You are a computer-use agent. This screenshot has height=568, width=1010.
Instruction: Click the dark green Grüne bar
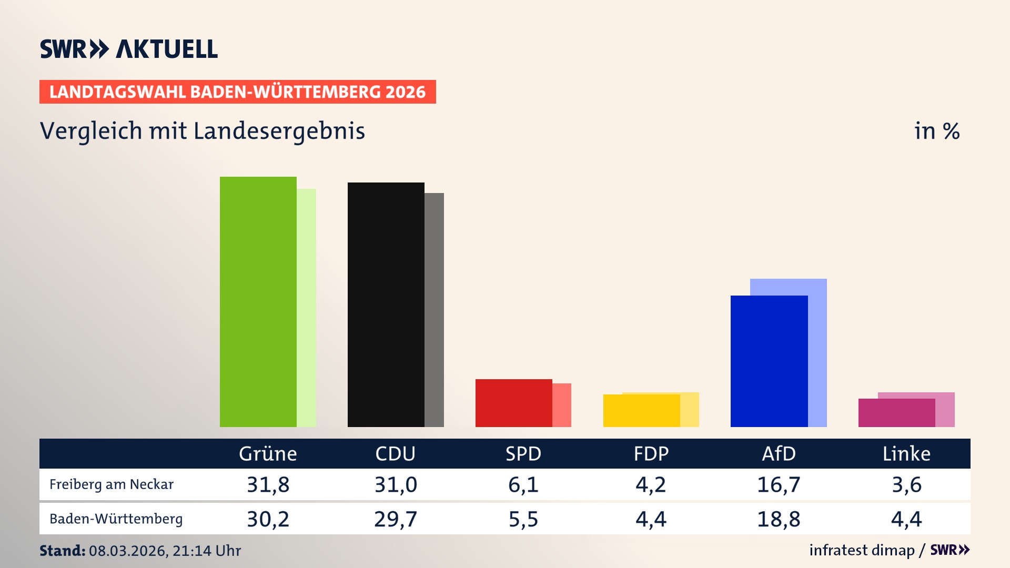tap(258, 302)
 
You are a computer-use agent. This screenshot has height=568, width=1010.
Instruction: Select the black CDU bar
tap(386, 305)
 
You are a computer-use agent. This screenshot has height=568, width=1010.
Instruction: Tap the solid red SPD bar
tap(513, 403)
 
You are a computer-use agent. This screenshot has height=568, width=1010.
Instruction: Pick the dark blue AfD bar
tap(769, 361)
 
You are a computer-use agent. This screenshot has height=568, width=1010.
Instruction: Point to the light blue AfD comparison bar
tap(817, 352)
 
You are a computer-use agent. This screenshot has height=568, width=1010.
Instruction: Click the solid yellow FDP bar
tap(641, 411)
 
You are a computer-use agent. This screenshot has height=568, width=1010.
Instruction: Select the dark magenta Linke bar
tap(896, 413)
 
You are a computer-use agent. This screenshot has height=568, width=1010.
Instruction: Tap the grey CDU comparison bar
tap(434, 310)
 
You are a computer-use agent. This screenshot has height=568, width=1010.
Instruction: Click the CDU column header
tap(395, 454)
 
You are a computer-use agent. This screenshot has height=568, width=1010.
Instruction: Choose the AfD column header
tap(779, 454)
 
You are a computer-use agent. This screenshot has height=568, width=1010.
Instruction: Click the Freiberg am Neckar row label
tap(112, 484)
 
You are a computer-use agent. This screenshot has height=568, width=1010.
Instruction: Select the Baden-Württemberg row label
tap(116, 519)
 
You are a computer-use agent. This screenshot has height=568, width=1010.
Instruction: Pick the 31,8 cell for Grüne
tap(268, 484)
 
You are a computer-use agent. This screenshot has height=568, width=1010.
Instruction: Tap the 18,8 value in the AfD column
tap(779, 519)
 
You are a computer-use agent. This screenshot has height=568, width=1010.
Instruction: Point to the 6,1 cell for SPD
tap(523, 484)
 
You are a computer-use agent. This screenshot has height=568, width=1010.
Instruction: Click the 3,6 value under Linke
tap(906, 484)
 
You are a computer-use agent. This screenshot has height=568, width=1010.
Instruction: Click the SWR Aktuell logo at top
tap(129, 49)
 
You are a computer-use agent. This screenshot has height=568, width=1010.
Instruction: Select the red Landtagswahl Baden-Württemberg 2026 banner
tap(237, 92)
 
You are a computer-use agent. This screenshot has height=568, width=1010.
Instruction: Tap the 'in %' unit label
tap(936, 131)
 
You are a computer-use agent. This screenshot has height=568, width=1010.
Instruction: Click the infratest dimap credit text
tap(862, 550)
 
